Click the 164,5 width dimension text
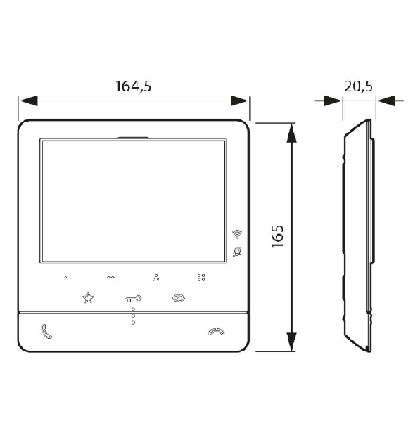133,85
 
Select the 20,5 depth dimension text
358,85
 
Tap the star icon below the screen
88,297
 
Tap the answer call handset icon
44,330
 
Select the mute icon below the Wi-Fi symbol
237,250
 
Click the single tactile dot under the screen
65,276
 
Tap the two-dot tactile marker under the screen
111,276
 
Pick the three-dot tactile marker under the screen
156,276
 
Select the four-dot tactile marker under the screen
200,276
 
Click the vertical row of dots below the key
132,316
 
